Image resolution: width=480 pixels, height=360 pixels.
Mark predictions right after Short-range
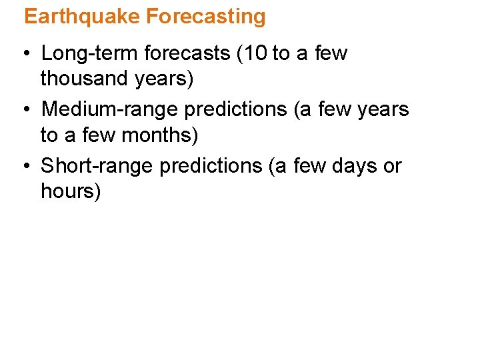pos(213,166)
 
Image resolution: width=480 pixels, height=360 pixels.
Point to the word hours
pos(70,192)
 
